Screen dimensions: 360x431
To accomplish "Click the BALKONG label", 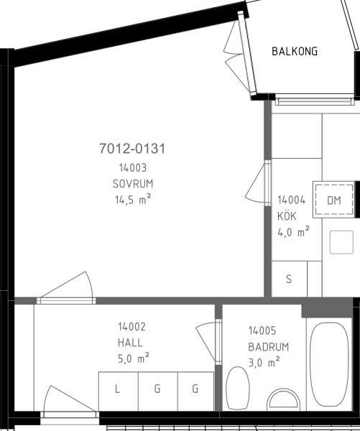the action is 295,52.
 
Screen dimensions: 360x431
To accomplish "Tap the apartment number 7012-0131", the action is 132,149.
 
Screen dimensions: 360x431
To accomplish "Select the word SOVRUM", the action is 133,184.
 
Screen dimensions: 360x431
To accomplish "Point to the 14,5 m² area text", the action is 133,199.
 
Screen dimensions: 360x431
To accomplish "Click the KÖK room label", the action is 287,216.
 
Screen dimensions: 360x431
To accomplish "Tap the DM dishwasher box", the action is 334,200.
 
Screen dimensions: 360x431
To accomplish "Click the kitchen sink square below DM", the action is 341,242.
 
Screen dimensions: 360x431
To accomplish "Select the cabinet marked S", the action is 289,279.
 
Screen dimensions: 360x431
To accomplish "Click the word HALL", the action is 130,343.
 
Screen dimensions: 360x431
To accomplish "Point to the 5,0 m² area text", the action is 134,358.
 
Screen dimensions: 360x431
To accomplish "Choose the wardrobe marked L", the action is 119,391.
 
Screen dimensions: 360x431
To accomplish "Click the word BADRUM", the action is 269,347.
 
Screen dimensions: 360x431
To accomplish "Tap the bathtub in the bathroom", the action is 330,364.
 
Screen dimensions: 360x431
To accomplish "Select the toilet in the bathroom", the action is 238,388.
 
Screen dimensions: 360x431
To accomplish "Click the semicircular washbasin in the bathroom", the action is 283,399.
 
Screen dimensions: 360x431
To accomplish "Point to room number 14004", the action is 291,200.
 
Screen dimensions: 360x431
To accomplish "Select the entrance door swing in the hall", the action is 69,400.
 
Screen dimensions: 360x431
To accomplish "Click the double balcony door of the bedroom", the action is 239,55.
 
